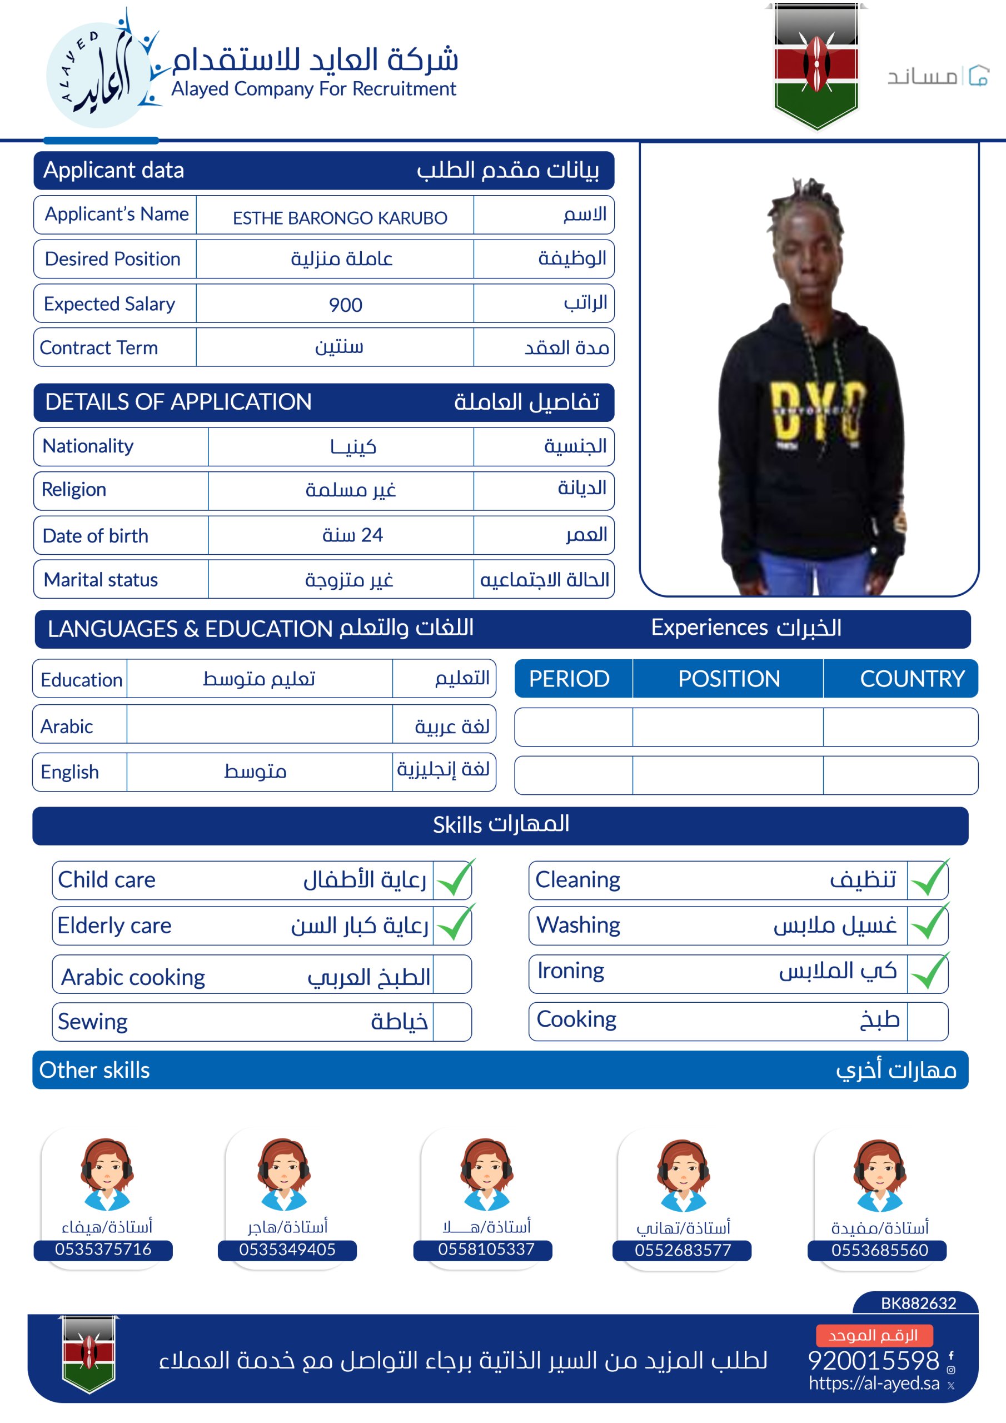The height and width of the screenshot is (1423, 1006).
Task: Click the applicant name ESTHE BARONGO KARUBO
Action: click(340, 217)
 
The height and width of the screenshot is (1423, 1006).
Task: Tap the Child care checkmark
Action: click(454, 879)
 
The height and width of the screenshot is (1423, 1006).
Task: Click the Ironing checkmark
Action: click(928, 972)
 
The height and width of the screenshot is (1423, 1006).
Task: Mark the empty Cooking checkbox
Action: click(927, 1020)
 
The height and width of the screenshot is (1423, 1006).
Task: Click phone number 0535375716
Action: click(103, 1249)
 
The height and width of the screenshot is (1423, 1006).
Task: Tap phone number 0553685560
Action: click(879, 1250)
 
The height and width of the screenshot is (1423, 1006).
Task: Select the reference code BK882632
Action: click(918, 1303)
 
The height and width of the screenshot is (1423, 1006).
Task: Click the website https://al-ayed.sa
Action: click(873, 1383)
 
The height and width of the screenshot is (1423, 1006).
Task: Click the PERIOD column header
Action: click(569, 679)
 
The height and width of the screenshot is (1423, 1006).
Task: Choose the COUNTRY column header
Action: click(911, 679)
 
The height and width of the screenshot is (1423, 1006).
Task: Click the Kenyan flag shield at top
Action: click(816, 65)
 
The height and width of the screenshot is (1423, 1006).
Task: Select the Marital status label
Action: click(101, 580)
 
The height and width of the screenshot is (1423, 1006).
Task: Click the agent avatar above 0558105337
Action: click(486, 1173)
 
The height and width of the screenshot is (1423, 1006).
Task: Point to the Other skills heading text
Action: click(94, 1069)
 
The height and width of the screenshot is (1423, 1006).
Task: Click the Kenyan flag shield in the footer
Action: click(88, 1353)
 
